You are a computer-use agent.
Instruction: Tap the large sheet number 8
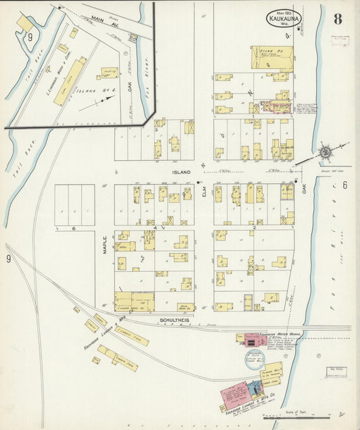[337, 19]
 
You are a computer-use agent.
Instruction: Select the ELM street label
[203, 193]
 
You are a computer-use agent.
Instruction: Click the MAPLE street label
[104, 243]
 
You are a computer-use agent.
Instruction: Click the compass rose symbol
[326, 152]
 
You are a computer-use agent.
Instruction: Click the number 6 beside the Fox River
[344, 185]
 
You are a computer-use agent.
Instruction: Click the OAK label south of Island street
[304, 191]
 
